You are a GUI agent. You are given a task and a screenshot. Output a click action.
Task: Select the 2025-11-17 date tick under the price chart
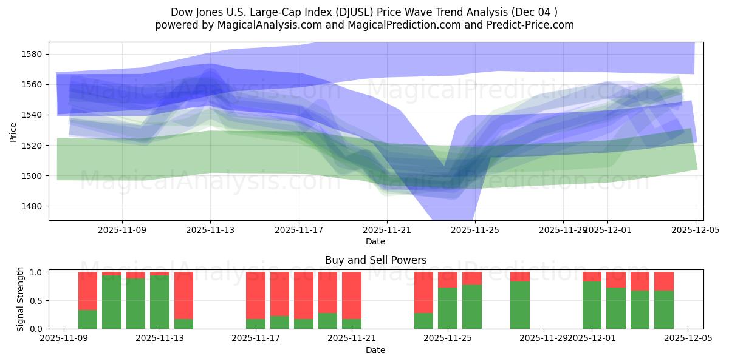[299, 231]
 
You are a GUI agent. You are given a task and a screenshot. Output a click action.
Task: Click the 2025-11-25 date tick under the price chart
[474, 231]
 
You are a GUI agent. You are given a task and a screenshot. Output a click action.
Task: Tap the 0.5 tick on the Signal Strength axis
[36, 301]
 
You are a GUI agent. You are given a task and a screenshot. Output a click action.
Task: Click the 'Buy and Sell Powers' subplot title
[375, 260]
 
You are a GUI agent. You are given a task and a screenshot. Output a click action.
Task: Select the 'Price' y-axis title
[13, 131]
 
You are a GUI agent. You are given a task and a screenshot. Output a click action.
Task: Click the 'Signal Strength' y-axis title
[21, 299]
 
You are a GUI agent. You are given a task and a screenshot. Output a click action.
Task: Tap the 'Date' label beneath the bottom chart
[375, 350]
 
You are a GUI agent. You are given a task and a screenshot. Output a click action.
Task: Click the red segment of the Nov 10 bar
[88, 291]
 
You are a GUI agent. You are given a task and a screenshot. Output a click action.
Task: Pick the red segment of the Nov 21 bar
[352, 295]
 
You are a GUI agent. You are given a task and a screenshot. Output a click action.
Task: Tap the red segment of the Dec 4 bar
[664, 281]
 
